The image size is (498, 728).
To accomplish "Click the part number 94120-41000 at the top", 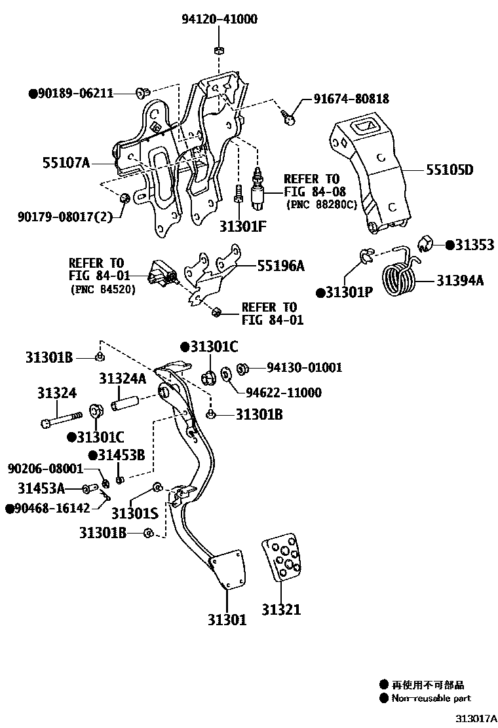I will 219,20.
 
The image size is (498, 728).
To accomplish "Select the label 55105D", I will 450,170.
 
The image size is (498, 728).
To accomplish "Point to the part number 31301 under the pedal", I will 227,619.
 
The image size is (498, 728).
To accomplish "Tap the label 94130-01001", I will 303,368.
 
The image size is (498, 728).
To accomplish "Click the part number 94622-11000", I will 283,393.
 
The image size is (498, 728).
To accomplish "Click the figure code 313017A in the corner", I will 476,718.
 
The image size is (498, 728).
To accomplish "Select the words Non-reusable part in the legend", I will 431,699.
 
